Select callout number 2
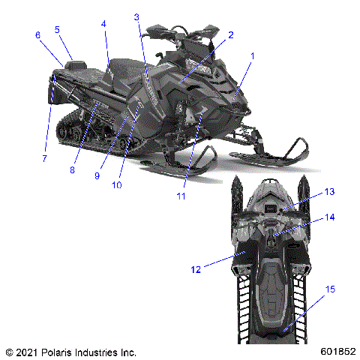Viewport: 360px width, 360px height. coord(231,34)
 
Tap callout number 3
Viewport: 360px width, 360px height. coord(136,16)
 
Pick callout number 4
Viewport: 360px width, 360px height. coord(104,24)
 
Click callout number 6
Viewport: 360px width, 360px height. coord(37,35)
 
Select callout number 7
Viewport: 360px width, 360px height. coord(44,158)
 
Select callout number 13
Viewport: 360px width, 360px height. coord(329,192)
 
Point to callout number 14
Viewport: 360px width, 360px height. coord(329,217)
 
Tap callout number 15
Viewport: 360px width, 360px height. coord(329,288)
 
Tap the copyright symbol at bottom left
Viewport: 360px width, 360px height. coord(9,351)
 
